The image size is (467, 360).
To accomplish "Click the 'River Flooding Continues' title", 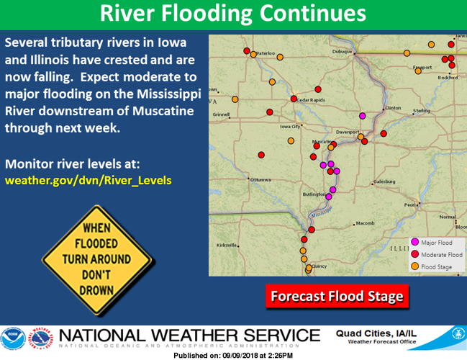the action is [x=232, y=14].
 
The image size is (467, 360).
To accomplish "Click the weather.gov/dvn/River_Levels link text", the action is [x=89, y=180].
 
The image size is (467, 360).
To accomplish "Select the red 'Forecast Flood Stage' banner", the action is [x=336, y=296].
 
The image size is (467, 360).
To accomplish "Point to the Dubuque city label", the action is [x=343, y=52].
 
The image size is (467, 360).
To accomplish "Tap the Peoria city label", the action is [x=412, y=204].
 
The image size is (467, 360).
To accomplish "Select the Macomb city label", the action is [x=365, y=223].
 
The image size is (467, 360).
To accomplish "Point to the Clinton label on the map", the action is [x=393, y=108].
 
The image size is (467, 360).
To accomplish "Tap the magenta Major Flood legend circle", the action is [x=414, y=243].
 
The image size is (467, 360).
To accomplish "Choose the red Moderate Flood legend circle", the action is [x=414, y=255].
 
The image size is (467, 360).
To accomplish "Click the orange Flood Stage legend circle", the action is [x=414, y=267].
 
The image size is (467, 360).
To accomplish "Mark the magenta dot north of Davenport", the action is [x=362, y=115].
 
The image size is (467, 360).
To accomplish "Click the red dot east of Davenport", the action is [x=384, y=132].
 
